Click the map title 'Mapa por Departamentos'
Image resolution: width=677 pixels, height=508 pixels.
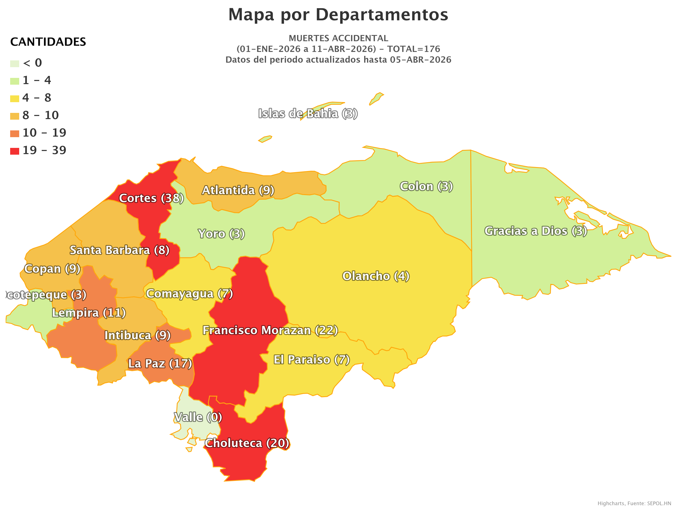pos(338,15)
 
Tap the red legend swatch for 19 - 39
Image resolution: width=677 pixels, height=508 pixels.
pos(15,151)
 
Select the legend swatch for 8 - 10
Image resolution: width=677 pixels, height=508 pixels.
pos(15,116)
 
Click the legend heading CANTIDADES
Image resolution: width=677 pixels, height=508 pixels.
pos(48,42)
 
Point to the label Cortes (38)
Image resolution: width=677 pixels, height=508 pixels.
pos(151,198)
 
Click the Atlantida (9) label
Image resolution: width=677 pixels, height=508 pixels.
pos(238,190)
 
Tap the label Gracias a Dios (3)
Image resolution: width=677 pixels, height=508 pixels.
pos(535,231)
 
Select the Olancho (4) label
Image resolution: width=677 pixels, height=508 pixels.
pos(375,276)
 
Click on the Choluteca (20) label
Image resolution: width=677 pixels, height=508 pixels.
pos(247,443)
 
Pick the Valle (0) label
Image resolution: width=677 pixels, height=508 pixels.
pos(198,417)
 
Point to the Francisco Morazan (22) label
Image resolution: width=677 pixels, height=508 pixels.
pos(270,330)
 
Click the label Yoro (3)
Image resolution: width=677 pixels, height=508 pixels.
pos(221,234)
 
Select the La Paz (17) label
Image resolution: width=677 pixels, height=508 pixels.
pos(160,364)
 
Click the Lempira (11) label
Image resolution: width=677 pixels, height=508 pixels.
pos(89,313)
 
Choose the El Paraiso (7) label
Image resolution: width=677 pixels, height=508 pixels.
pos(311,360)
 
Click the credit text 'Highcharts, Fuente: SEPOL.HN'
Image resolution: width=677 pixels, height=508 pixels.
pos(634,503)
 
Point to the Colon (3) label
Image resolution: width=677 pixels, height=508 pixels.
pos(426,186)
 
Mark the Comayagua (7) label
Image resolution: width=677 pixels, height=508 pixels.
pos(189,293)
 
